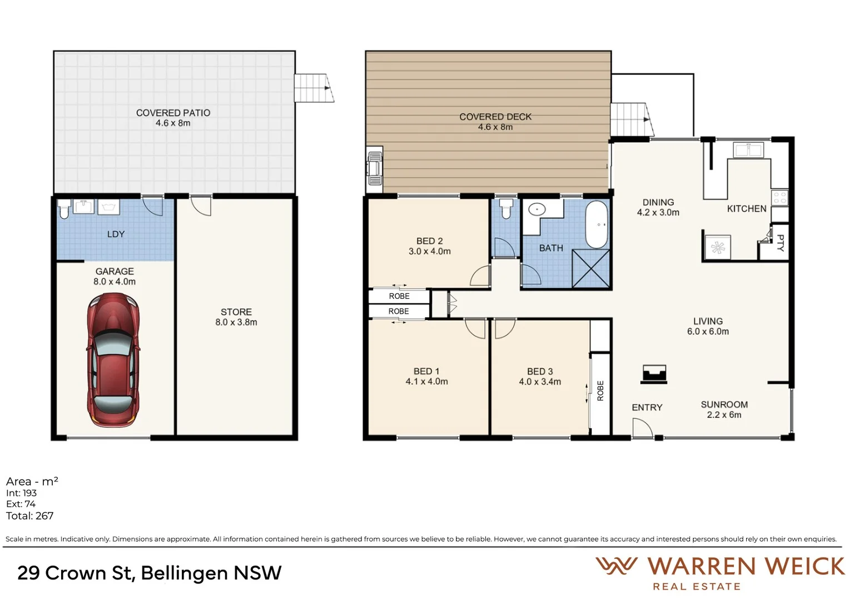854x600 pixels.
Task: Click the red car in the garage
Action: [113, 361]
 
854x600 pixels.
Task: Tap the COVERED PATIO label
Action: [173, 113]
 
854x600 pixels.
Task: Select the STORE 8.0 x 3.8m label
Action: [236, 317]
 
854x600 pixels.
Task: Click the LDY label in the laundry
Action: [116, 234]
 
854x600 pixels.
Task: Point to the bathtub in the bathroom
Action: [598, 224]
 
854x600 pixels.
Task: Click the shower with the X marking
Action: [591, 268]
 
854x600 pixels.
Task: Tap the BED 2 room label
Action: [429, 241]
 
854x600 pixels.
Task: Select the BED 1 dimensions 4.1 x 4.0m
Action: [426, 382]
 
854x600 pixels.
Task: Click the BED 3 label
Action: [540, 371]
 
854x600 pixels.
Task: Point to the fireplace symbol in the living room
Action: [654, 374]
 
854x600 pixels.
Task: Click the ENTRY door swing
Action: [642, 428]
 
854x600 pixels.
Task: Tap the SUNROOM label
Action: [724, 404]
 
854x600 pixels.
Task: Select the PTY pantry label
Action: [780, 243]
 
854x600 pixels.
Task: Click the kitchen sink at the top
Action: [748, 150]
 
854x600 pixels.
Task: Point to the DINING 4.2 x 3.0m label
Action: [658, 207]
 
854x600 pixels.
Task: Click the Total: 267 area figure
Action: [30, 516]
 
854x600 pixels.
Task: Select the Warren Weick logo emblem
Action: [616, 566]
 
